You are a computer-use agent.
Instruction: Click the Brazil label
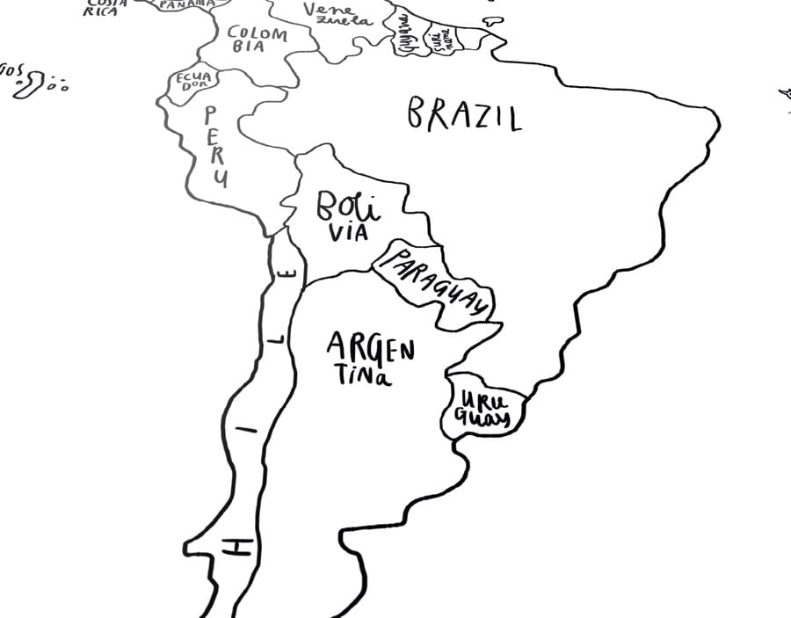point(464,114)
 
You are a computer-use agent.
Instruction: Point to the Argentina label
point(369,359)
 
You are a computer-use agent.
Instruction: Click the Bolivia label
point(347,217)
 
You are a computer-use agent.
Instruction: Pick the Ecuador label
point(192,81)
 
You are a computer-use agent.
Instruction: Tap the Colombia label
point(258,40)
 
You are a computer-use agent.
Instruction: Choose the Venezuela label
point(337,14)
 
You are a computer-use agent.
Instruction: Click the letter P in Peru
point(212,113)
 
